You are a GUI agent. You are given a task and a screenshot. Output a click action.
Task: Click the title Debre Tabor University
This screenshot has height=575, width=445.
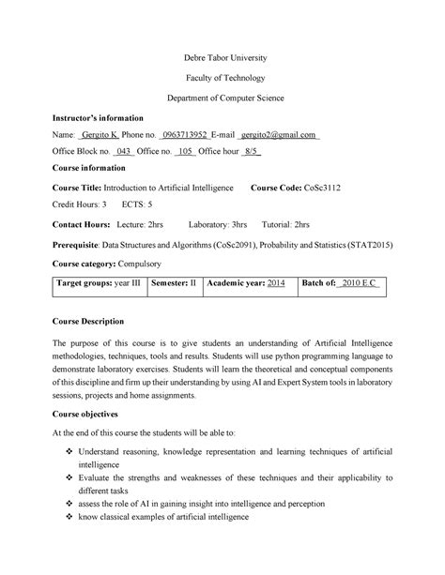pyautogui.click(x=223, y=58)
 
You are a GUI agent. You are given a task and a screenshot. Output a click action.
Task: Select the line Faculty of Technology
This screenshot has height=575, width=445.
pyautogui.click(x=223, y=78)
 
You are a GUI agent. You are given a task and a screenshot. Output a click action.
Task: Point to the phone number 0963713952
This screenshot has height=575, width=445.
pyautogui.click(x=187, y=135)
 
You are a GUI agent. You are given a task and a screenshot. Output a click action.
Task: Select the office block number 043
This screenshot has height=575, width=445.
pyautogui.click(x=123, y=152)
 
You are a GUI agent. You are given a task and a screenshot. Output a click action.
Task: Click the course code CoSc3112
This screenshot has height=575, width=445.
pyautogui.click(x=324, y=188)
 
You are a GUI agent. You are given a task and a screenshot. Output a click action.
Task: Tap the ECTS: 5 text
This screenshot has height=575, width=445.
pyautogui.click(x=138, y=204)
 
